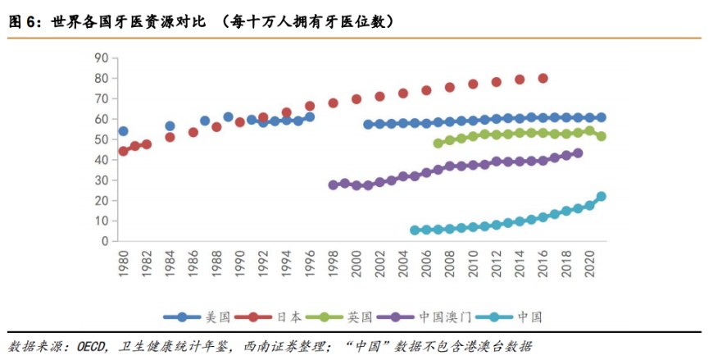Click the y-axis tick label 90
click(x=102, y=57)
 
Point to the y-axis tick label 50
click(x=102, y=139)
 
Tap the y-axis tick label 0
click(x=105, y=241)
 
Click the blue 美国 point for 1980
click(x=123, y=131)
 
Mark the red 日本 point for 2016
click(x=543, y=78)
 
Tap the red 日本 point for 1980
click(x=123, y=151)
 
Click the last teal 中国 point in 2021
click(x=601, y=197)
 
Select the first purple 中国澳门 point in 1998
click(x=334, y=185)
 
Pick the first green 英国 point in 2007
click(x=438, y=144)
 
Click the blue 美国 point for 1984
click(x=170, y=126)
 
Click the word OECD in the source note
click(x=90, y=345)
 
